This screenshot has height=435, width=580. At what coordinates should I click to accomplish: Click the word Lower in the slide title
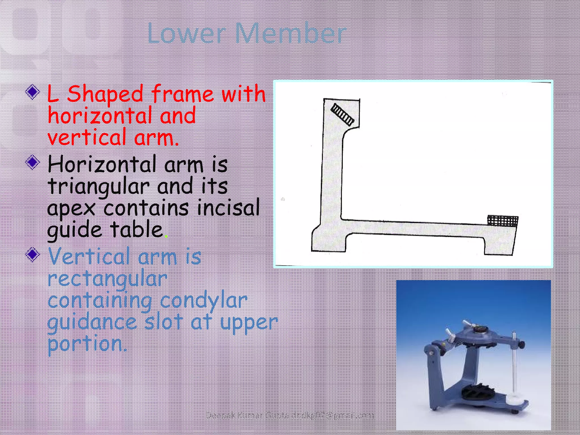[x=186, y=34]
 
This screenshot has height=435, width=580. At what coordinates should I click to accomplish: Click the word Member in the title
[x=291, y=34]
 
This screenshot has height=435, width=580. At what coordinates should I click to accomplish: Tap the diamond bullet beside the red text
[x=33, y=92]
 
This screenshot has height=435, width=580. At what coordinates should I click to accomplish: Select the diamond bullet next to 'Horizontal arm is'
[x=33, y=162]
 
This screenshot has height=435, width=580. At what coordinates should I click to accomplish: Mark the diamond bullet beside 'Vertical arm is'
[x=33, y=254]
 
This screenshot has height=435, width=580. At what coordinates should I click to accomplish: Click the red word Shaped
[x=105, y=94]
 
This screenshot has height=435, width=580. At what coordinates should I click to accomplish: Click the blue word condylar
[x=203, y=301]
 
